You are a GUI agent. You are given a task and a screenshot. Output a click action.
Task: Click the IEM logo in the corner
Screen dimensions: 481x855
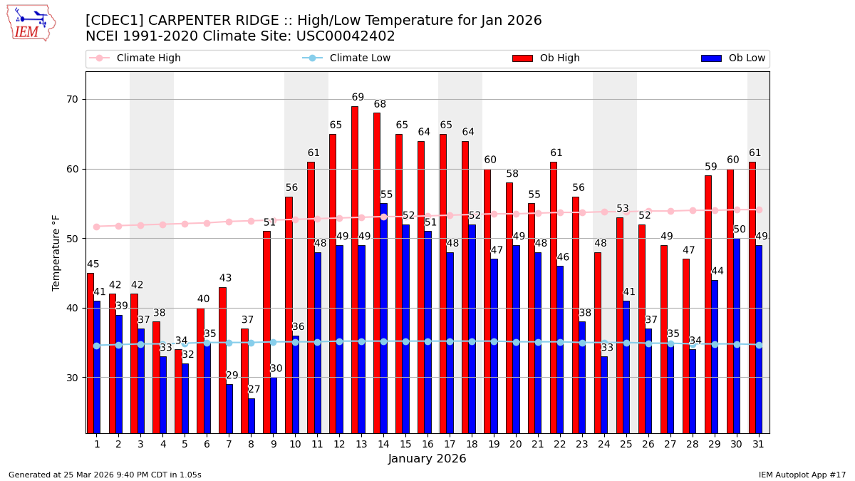31,23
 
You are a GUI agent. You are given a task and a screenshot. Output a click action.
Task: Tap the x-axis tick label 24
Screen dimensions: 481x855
604,444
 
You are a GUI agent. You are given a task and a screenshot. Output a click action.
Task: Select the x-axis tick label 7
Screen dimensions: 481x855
229,444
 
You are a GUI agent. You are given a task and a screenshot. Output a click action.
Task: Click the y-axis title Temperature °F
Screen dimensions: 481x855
56,252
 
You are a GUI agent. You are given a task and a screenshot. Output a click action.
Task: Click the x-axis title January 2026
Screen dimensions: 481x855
427,459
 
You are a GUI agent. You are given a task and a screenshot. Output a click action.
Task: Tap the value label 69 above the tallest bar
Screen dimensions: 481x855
358,98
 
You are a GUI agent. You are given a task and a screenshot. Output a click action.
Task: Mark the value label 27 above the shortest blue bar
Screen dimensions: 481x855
254,390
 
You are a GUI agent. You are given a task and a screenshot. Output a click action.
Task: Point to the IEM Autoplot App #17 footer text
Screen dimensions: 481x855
802,475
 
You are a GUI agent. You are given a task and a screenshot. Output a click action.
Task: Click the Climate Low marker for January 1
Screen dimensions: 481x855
96,346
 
